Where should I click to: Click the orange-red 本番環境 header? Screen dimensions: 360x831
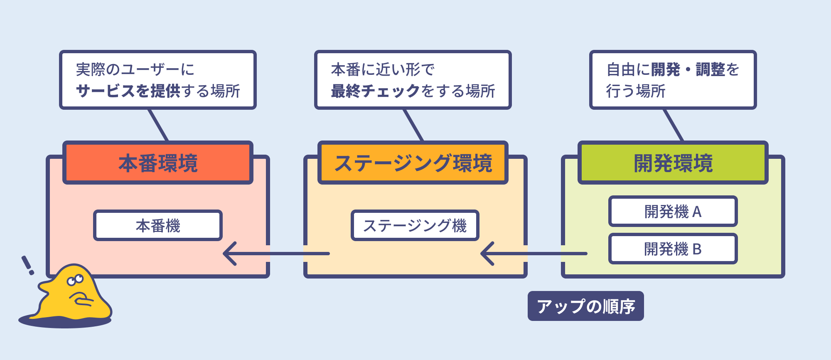click(158, 163)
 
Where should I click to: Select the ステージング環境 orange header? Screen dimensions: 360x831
click(413, 163)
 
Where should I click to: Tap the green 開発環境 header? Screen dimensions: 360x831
click(673, 163)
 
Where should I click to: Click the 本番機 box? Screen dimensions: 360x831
click(158, 225)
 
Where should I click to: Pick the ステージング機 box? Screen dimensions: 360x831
click(415, 225)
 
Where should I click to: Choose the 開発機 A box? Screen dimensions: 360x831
click(673, 211)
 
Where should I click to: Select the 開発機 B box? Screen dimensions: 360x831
click(673, 249)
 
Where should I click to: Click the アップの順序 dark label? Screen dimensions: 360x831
click(585, 306)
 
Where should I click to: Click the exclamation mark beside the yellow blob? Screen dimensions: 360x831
click(28, 265)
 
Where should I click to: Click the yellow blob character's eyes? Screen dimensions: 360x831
click(75, 280)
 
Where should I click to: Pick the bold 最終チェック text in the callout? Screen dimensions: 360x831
click(376, 91)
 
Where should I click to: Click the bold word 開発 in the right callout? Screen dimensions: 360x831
click(665, 69)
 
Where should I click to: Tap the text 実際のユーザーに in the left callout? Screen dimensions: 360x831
click(135, 69)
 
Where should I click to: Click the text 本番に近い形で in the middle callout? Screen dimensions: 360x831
click(382, 69)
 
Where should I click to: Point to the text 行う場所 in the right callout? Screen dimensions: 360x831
click(636, 91)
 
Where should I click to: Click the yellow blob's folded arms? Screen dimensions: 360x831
click(81, 299)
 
